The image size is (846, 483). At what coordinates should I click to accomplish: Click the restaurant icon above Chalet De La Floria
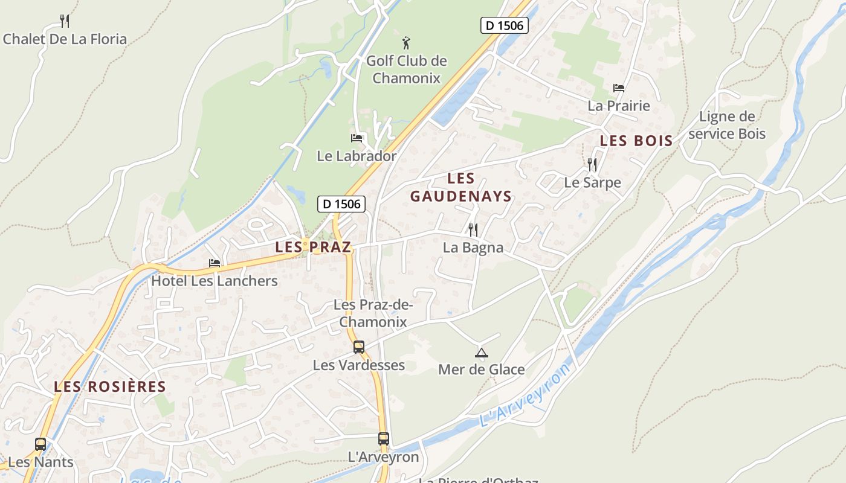(65, 21)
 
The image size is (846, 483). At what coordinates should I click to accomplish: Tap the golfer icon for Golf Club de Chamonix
(407, 43)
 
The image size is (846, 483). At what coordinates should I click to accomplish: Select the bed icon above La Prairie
(619, 88)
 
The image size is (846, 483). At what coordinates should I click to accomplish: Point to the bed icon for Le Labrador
(357, 138)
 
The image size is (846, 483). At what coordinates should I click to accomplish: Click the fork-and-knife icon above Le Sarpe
(592, 164)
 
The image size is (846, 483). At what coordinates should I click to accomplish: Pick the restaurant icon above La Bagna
(473, 229)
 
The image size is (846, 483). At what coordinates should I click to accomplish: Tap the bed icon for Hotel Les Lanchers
(215, 263)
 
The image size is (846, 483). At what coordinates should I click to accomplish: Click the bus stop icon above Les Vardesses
(359, 347)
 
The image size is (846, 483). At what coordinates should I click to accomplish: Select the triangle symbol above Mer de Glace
(481, 353)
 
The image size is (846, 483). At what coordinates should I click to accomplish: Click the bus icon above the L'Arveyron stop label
(384, 439)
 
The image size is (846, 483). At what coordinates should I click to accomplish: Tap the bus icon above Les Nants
(40, 444)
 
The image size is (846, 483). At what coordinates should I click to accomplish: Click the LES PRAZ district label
(313, 247)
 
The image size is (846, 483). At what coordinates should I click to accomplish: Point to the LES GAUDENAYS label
(461, 187)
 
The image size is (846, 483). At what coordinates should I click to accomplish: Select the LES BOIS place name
(636, 141)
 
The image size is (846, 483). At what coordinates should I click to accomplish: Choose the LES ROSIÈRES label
(110, 386)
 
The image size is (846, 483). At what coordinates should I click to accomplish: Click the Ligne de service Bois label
(727, 125)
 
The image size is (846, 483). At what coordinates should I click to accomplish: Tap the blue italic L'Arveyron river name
(526, 396)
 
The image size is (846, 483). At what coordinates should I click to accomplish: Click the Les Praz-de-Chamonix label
(373, 313)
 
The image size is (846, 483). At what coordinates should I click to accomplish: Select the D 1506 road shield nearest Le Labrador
(341, 204)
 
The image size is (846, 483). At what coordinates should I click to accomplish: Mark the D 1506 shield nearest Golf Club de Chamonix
(505, 25)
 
